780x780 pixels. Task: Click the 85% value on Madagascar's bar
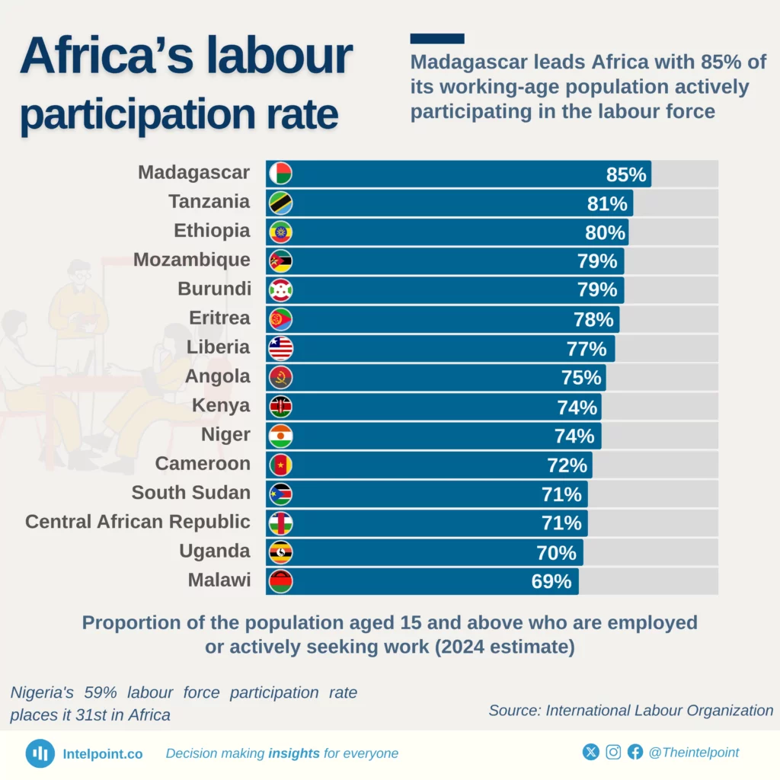coord(625,174)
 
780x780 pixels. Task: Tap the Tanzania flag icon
coord(280,203)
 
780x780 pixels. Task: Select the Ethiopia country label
coord(212,231)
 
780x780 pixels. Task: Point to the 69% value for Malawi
coord(551,582)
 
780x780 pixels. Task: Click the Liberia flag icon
coord(280,349)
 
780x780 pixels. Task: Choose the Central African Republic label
coord(137,522)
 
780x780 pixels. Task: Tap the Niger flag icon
coord(280,436)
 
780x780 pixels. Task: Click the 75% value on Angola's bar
coord(581,378)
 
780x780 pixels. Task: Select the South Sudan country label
coord(190,493)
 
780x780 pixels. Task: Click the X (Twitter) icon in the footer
coord(591,753)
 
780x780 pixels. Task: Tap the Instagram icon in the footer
coord(613,753)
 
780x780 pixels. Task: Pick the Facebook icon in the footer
coord(635,753)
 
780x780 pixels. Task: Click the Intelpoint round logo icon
coord(40,753)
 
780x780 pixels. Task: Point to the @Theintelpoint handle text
coord(693,753)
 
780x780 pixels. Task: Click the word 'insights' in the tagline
coord(294,753)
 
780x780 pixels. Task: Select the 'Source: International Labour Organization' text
coord(631,711)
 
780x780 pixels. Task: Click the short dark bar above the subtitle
coord(436,38)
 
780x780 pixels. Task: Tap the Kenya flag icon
coord(280,408)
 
